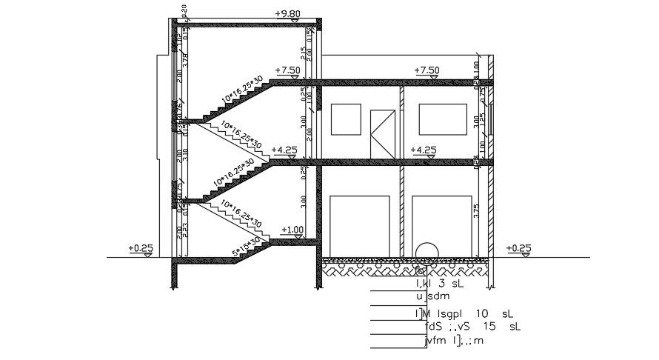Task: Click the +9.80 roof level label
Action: click(x=287, y=13)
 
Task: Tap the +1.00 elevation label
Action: click(x=293, y=230)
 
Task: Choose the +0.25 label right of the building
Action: click(x=518, y=247)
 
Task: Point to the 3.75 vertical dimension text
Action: click(x=478, y=210)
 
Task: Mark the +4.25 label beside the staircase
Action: click(x=284, y=150)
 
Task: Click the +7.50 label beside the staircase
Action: click(x=287, y=70)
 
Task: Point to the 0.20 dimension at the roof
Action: click(x=184, y=10)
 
